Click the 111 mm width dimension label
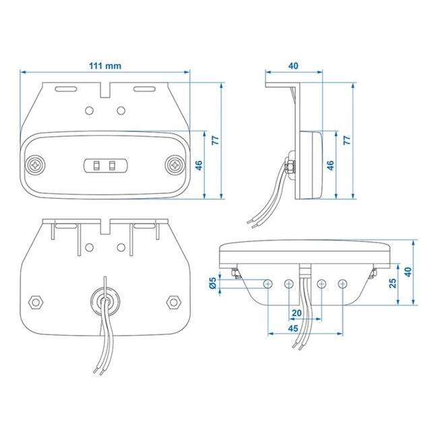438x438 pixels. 105,65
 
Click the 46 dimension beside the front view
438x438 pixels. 199,165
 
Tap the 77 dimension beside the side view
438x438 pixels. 347,141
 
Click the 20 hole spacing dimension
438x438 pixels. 296,313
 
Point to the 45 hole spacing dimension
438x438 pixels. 293,328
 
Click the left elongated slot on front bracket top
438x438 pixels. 65,89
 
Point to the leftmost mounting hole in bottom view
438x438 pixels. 268,283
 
